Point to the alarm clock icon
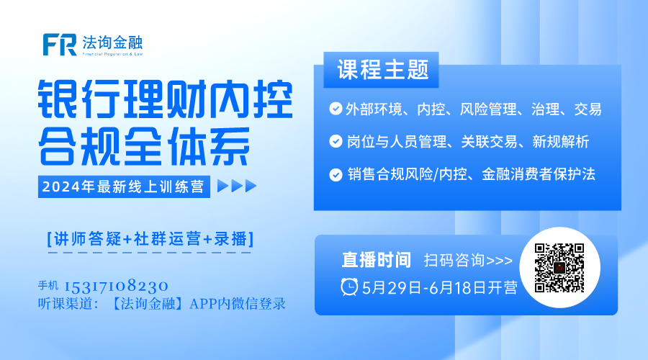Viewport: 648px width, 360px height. click(x=349, y=287)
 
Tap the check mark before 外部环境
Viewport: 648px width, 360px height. click(x=335, y=109)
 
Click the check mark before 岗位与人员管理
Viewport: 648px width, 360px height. click(x=335, y=142)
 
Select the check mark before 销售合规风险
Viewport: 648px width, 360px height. click(x=335, y=174)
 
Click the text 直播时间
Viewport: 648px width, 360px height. click(x=376, y=260)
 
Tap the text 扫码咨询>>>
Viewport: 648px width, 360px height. click(x=468, y=260)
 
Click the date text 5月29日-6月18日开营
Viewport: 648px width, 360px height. click(x=440, y=287)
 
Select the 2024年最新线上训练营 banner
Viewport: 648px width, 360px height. click(x=123, y=187)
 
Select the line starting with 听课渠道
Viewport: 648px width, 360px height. click(x=162, y=304)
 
